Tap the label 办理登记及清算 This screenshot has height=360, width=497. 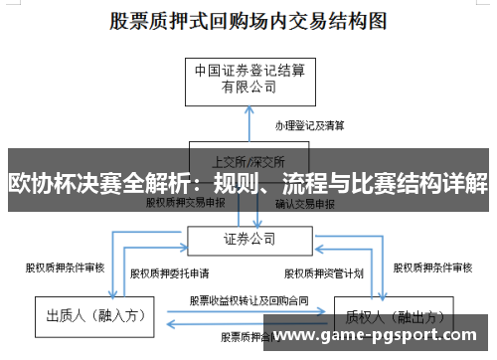(309, 126)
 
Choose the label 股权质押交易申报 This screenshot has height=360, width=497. (186, 202)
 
